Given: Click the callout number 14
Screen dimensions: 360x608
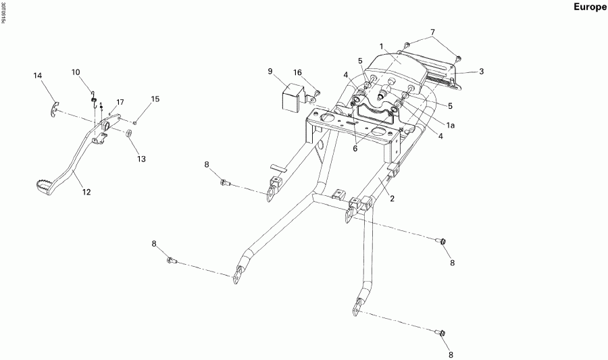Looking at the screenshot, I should [38, 76].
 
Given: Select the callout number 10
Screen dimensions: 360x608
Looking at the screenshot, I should [75, 72].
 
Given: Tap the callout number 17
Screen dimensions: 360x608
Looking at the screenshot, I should [120, 102].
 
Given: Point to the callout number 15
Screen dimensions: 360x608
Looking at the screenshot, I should [155, 99].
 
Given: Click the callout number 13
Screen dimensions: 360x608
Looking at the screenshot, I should [141, 159].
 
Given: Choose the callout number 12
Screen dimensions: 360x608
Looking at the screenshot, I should [86, 192].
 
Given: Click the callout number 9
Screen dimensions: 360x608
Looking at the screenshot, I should [270, 71].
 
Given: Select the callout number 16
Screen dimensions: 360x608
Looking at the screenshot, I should [297, 72].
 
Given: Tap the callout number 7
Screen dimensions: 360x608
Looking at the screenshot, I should [433, 32].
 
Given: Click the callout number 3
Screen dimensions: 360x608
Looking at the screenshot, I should [482, 71].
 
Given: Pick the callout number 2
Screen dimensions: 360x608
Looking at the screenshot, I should [391, 199].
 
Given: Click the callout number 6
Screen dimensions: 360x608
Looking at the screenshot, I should [355, 149].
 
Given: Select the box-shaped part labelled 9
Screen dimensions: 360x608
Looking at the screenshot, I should [290, 97].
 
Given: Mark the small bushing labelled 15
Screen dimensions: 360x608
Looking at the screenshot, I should [135, 122].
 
